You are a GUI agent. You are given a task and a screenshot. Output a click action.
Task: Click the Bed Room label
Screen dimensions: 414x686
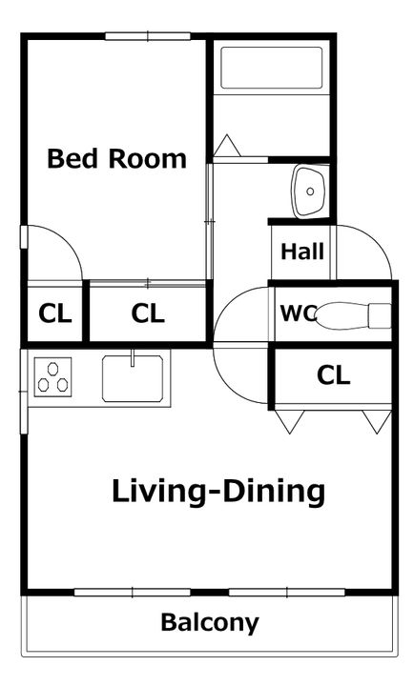point(116,158)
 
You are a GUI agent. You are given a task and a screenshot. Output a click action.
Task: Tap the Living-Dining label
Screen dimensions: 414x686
point(218,492)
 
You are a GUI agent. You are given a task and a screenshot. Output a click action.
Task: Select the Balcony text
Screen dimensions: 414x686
point(210,623)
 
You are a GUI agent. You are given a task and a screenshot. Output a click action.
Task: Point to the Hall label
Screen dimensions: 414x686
point(302,252)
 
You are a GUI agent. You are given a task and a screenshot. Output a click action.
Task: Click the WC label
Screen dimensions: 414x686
point(299,313)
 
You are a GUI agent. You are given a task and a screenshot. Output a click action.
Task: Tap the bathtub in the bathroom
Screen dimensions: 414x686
point(272,68)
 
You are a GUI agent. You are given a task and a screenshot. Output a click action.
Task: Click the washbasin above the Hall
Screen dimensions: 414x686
point(310,192)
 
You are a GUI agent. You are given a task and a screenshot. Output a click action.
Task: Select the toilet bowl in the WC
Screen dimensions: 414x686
point(353,315)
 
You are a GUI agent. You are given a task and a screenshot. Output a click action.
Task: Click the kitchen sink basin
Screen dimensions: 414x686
point(133,378)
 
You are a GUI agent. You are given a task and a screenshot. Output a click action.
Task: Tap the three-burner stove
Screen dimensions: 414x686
point(53,377)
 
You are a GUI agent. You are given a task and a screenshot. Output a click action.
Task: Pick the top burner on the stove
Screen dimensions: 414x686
point(53,369)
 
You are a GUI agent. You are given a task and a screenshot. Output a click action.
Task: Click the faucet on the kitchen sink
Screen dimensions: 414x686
point(132,358)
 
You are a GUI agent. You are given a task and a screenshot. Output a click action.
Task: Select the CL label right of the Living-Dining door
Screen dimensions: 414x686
point(334,375)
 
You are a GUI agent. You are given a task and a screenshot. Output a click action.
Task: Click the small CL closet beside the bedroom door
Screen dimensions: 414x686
point(54,313)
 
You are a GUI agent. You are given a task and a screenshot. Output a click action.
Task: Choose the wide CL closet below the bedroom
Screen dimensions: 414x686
point(148,313)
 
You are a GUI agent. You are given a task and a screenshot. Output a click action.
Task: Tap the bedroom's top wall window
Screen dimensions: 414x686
point(148,36)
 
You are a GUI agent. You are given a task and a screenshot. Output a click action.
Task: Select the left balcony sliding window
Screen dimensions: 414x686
point(132,593)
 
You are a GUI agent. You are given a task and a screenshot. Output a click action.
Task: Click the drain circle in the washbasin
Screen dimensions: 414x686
point(310,192)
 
